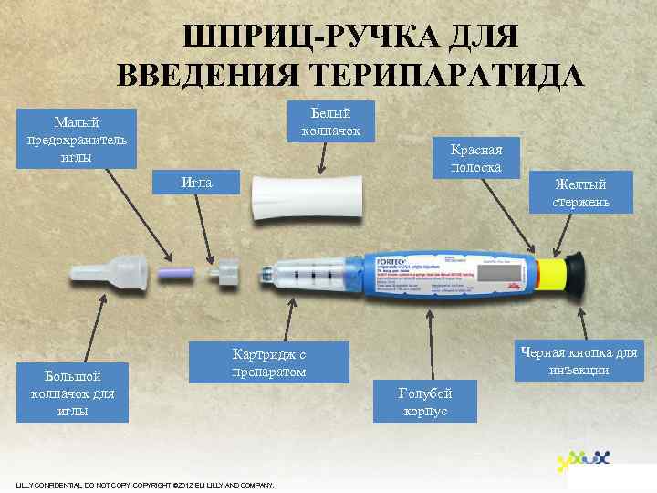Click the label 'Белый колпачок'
tap(330, 121)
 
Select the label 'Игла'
tap(197, 182)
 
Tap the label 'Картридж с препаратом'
tap(269, 362)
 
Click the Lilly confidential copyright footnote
tap(145, 483)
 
